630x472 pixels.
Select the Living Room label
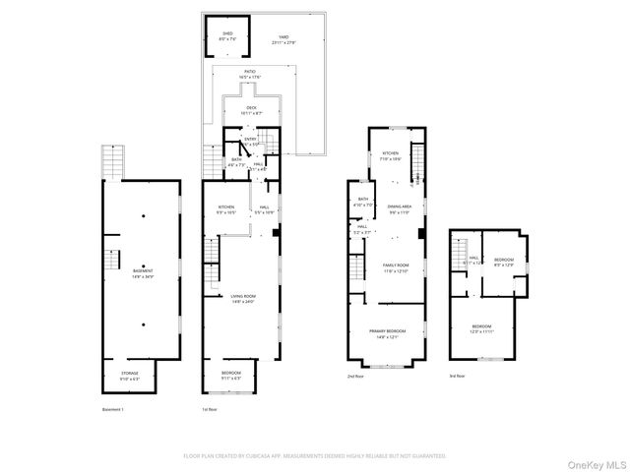[x=242, y=300]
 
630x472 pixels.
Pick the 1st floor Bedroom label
[x=232, y=374]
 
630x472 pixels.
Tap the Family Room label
[x=395, y=267]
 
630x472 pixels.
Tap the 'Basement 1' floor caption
[x=113, y=409]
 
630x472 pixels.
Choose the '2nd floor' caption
[x=355, y=377]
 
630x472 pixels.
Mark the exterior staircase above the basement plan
[x=115, y=162]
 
